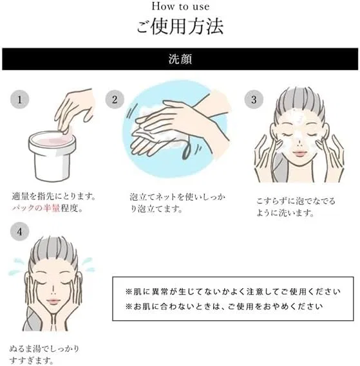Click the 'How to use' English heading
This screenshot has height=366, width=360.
180,6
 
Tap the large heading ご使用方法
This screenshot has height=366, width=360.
180,26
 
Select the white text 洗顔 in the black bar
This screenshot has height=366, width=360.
180,59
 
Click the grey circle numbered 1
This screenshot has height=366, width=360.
19,100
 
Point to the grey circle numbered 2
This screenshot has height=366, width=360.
115,100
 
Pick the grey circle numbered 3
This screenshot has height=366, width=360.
254,100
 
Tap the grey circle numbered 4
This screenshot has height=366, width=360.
19,232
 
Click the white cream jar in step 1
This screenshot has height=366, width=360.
52,156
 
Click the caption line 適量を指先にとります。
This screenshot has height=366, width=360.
53,196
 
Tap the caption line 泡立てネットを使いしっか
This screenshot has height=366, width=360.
178,197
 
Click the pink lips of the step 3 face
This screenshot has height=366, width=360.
299,153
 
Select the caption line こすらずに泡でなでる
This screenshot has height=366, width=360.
296,201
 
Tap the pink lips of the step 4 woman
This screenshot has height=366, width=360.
53,301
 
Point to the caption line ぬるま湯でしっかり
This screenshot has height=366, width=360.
44,349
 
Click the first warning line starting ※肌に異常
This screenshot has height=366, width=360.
233,291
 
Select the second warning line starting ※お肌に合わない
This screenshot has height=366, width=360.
224,306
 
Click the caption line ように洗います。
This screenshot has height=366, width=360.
285,213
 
